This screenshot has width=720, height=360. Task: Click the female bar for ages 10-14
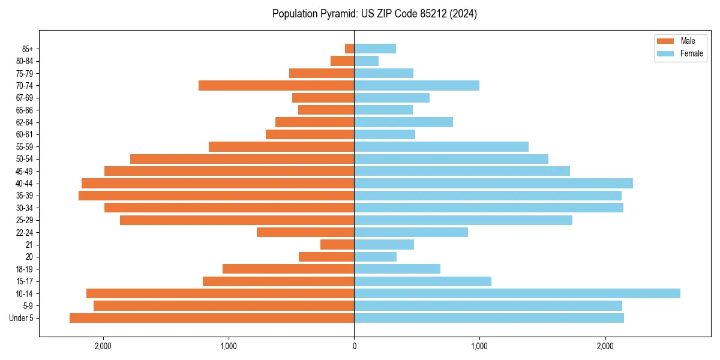click(517, 293)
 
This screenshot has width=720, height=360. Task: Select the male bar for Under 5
click(212, 318)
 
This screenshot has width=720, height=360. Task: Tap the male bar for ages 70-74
click(276, 86)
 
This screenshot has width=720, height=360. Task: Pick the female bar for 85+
click(375, 49)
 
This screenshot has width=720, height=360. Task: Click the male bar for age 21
click(337, 245)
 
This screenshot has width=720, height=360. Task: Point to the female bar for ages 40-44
click(493, 184)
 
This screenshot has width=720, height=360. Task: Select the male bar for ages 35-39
click(216, 196)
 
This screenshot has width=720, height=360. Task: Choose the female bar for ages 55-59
click(441, 147)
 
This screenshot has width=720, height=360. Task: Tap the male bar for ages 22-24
click(305, 232)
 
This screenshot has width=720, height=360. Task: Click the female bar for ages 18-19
click(397, 269)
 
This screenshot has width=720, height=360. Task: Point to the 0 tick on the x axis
click(354, 346)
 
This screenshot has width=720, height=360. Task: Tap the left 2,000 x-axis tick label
click(103, 346)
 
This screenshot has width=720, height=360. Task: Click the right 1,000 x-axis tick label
click(479, 346)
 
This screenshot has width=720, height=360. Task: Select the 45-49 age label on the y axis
click(25, 172)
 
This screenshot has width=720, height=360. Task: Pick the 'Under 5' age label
click(21, 318)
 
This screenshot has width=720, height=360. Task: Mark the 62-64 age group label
click(25, 122)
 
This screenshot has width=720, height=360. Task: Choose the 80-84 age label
click(25, 61)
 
